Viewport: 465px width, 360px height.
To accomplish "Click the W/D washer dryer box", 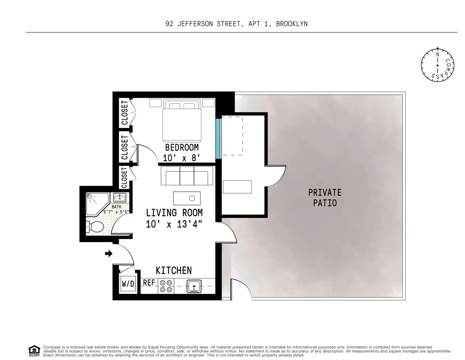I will (x=128, y=284).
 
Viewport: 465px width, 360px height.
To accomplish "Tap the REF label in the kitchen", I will (x=149, y=283).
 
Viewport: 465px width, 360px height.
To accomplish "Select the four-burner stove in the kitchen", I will (x=165, y=286).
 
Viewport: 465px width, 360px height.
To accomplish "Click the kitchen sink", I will (x=194, y=286).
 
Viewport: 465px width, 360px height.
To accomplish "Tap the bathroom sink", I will (x=119, y=198).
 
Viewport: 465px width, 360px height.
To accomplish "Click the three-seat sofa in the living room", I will (x=186, y=176).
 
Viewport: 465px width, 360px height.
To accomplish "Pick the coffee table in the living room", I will (x=186, y=198).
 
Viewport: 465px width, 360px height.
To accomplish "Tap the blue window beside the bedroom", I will (x=218, y=138).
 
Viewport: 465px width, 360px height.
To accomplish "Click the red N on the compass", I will (x=438, y=54).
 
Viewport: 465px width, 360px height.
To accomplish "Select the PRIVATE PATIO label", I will (x=325, y=197).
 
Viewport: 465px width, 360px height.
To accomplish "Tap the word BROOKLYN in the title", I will (x=291, y=24).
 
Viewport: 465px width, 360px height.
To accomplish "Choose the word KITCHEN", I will (x=174, y=270).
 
